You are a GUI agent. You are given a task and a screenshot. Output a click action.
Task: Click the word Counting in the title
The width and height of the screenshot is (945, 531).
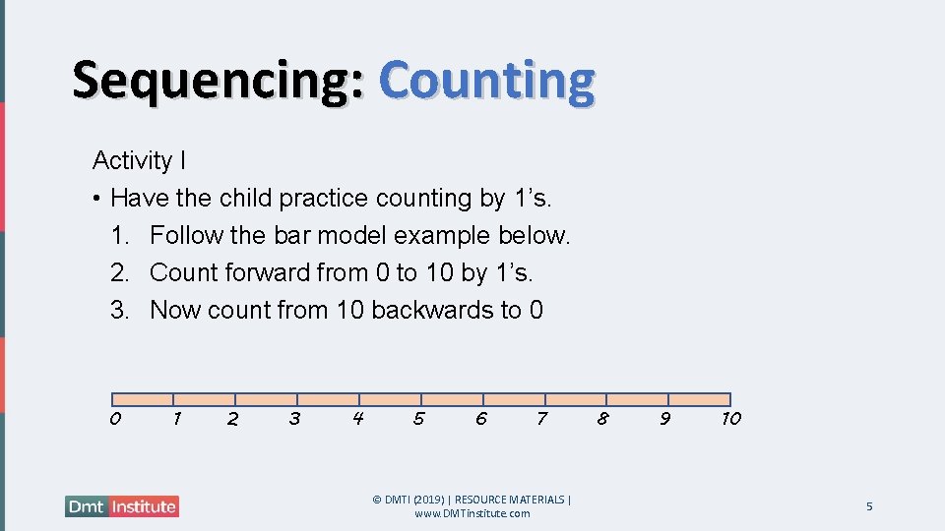pyautogui.click(x=486, y=81)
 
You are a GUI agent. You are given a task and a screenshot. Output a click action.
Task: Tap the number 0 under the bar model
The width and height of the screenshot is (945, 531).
pyautogui.click(x=115, y=419)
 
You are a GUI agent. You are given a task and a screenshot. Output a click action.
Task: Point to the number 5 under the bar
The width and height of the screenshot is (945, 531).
pyautogui.click(x=418, y=419)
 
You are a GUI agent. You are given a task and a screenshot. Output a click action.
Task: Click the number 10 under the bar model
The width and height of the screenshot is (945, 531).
pyautogui.click(x=730, y=419)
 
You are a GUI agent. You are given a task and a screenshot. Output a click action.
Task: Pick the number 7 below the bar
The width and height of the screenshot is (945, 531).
pyautogui.click(x=541, y=419)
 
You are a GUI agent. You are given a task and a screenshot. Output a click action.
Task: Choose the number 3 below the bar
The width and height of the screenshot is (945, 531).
pyautogui.click(x=294, y=419)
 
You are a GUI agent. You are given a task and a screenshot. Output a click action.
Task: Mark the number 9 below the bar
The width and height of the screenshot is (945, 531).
pyautogui.click(x=665, y=419)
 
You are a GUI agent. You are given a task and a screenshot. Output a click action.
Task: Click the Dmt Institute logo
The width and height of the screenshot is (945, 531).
pyautogui.click(x=122, y=506)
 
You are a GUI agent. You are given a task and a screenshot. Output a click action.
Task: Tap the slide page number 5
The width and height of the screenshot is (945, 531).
pyautogui.click(x=869, y=506)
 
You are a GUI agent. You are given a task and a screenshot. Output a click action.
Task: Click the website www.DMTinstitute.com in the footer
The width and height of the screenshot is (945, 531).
pyautogui.click(x=472, y=513)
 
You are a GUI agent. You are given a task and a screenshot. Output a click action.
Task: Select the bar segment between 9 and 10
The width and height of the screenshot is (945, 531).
pyautogui.click(x=699, y=399)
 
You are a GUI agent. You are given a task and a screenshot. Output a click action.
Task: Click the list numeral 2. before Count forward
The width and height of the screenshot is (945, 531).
pyautogui.click(x=120, y=273)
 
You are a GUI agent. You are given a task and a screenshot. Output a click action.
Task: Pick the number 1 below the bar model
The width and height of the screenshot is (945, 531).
pyautogui.click(x=176, y=419)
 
